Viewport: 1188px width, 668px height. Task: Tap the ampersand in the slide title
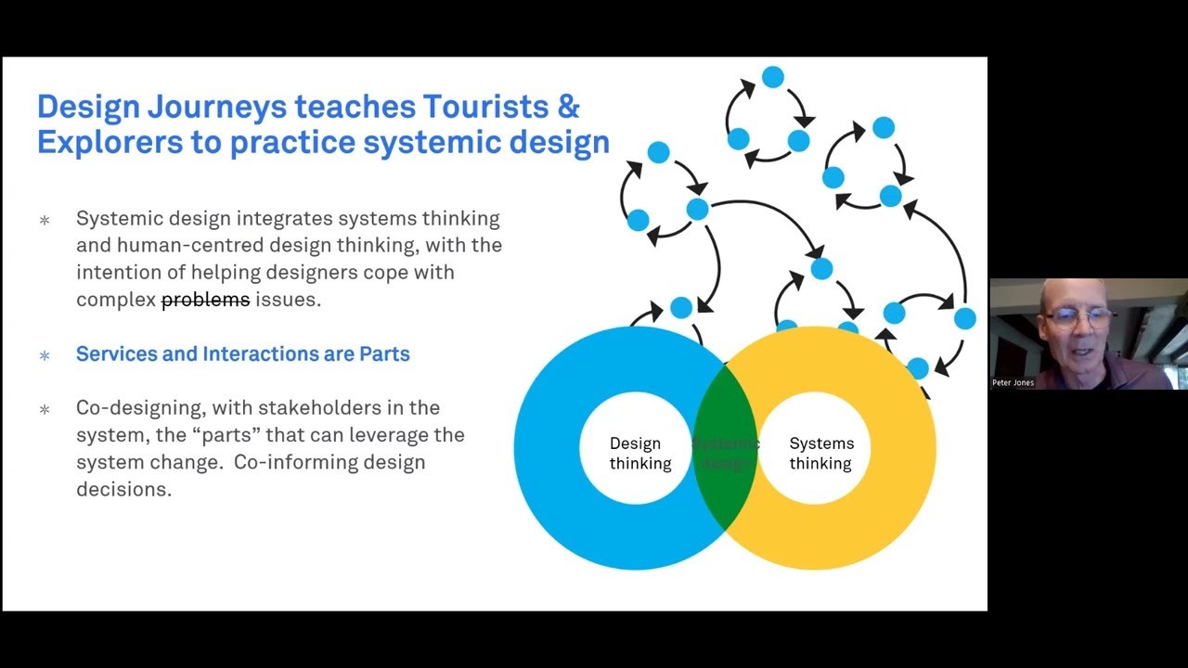click(x=568, y=107)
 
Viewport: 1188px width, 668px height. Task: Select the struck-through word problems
click(x=205, y=300)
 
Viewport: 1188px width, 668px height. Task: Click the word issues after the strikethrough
click(x=288, y=300)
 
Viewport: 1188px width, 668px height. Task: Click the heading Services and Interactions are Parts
click(x=242, y=354)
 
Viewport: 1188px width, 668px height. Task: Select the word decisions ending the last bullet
click(x=123, y=490)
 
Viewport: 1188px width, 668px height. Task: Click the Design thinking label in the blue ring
click(x=639, y=454)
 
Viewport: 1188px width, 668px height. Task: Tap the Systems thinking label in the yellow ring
click(x=820, y=454)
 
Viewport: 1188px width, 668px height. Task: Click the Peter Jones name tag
click(x=1013, y=382)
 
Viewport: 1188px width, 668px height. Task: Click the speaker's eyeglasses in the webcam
click(x=1079, y=318)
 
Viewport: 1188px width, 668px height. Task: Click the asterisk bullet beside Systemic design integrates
click(x=45, y=221)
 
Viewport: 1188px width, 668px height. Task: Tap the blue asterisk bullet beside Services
click(x=45, y=355)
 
